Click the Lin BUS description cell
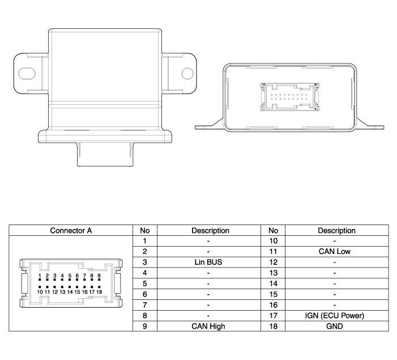[x=208, y=262]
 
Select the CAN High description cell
[x=208, y=327]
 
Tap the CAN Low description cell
[x=335, y=252]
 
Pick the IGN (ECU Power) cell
[x=335, y=316]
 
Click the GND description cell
[x=335, y=327]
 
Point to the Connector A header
[x=71, y=230]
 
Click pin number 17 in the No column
[x=273, y=316]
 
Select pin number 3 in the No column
[x=144, y=262]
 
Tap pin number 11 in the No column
[x=273, y=252]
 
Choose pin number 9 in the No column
[x=144, y=327]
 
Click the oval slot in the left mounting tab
[x=27, y=74]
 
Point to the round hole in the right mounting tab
[x=187, y=73]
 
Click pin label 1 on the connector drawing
[x=40, y=276]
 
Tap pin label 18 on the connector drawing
[x=99, y=292]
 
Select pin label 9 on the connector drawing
[x=99, y=276]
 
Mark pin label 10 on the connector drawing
[x=40, y=292]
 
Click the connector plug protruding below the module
[x=105, y=154]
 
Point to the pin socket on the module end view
[x=289, y=97]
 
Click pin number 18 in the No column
[x=273, y=327]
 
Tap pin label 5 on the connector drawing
[x=70, y=276]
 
